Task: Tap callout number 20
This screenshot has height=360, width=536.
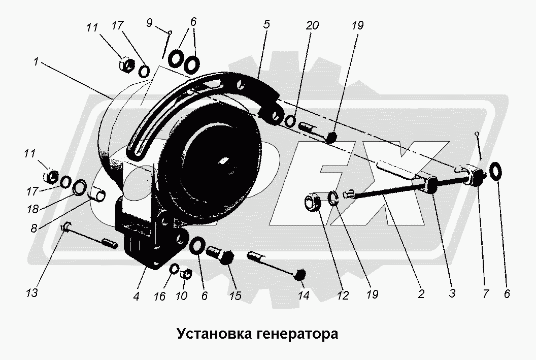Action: tap(312, 25)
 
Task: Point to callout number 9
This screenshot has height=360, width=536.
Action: tap(149, 23)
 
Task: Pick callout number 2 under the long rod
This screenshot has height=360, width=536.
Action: tap(420, 293)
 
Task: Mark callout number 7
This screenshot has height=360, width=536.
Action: tap(485, 293)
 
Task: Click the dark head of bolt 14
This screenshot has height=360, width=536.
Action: tap(300, 274)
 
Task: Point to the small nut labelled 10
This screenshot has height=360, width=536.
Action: tap(186, 274)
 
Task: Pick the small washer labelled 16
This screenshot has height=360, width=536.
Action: tap(174, 268)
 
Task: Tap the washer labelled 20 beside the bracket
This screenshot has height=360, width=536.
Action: tap(291, 122)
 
